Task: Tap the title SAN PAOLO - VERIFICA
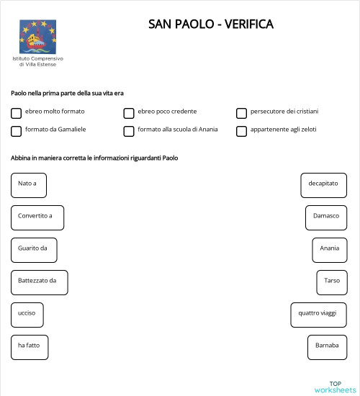[x=211, y=24]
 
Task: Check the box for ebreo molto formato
[x=16, y=113]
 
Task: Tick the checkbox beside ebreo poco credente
[x=129, y=113]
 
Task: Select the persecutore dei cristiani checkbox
[x=242, y=113]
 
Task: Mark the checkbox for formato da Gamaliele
[x=16, y=131]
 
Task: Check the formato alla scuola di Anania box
[x=129, y=131]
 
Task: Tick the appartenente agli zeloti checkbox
[x=242, y=131]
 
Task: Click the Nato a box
[x=29, y=185]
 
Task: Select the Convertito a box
[x=37, y=217]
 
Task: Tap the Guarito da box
[x=34, y=250]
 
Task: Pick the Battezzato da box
[x=39, y=282]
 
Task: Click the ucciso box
[x=27, y=315]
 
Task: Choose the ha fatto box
[x=30, y=347]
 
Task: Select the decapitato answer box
[x=323, y=185]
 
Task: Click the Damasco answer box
[x=326, y=217]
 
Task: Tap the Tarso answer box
[x=332, y=282]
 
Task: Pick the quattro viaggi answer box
[x=318, y=315]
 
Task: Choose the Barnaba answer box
[x=327, y=347]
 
